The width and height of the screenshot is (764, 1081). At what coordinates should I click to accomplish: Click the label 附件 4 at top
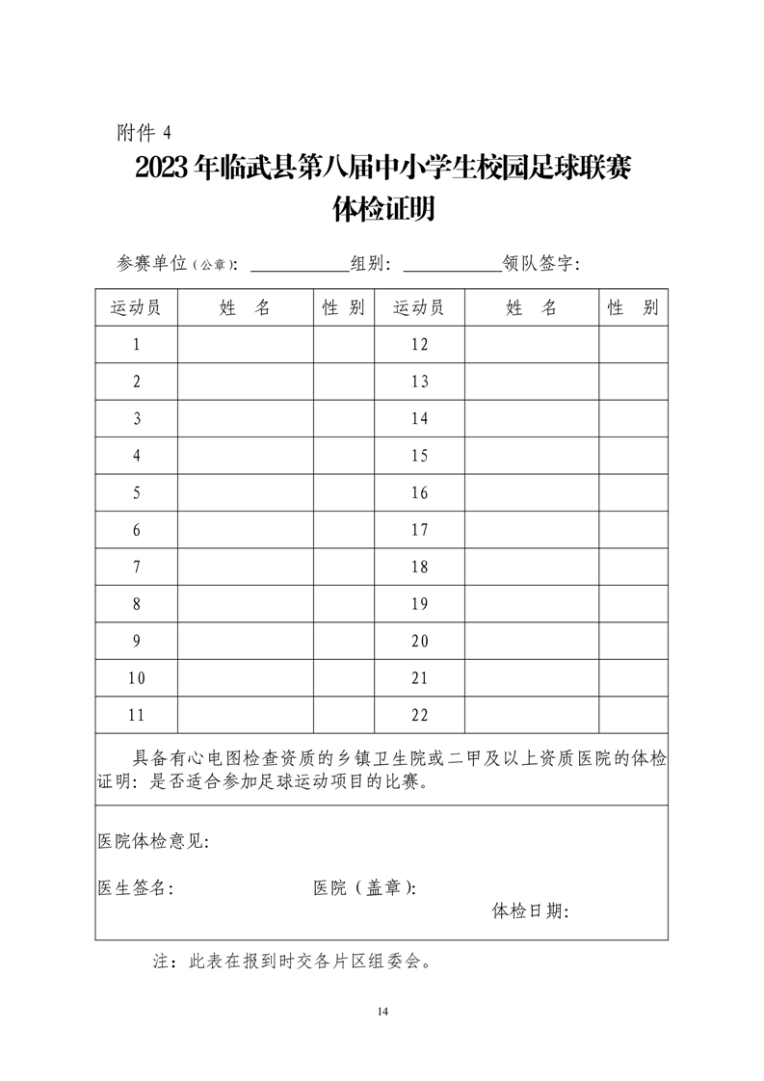click(x=144, y=132)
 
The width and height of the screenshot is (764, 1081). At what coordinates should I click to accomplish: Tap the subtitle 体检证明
click(x=382, y=209)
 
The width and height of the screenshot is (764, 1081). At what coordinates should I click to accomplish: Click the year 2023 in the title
click(x=163, y=169)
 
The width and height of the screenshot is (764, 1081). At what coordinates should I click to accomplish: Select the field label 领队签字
click(x=540, y=264)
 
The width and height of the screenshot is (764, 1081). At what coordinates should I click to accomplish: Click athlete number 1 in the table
click(x=137, y=344)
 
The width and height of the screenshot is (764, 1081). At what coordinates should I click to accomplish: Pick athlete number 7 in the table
click(x=137, y=567)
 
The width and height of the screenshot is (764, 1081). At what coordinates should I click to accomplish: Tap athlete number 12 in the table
click(x=419, y=344)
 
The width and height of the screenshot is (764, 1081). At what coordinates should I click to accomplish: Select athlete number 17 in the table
click(x=419, y=530)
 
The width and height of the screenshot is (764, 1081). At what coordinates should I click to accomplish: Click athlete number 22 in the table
click(x=419, y=715)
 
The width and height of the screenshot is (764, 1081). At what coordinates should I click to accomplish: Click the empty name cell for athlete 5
click(x=246, y=493)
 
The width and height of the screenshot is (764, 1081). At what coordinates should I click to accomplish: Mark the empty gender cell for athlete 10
click(x=343, y=678)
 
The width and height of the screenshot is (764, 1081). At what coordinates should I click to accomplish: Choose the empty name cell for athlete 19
click(x=532, y=604)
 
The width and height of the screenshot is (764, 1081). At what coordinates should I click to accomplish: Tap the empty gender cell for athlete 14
click(x=633, y=419)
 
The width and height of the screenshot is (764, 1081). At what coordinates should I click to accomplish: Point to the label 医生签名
click(x=135, y=888)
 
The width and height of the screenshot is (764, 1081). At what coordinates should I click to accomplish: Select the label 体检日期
click(x=531, y=910)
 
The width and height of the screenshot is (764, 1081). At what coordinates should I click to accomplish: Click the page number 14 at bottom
click(x=382, y=1011)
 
